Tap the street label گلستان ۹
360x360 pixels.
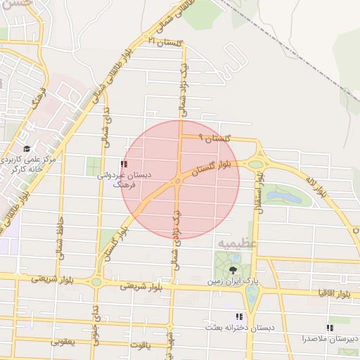coord(214,139)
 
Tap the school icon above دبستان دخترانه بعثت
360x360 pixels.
coord(239,317)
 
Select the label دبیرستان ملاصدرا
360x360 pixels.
coord(330,338)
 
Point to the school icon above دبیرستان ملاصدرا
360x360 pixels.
coord(330,328)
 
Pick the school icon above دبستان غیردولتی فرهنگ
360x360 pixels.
coord(124,164)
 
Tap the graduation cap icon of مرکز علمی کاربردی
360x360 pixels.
coord(27,148)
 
